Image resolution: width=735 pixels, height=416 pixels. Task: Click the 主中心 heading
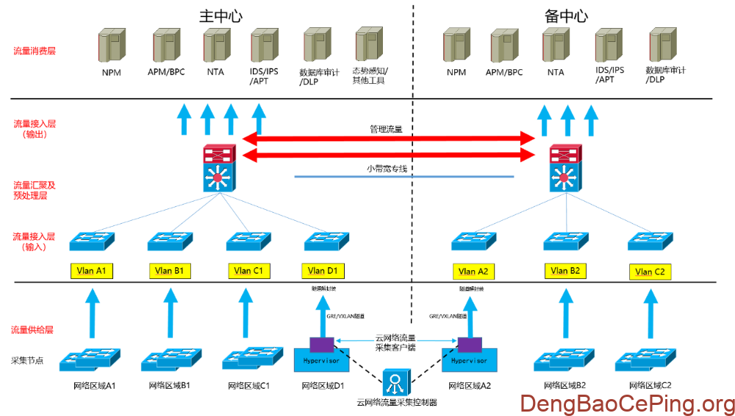[x=220, y=15]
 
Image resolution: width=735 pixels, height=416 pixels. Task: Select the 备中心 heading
[x=565, y=15]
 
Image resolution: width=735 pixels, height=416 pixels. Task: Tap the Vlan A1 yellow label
[x=92, y=270]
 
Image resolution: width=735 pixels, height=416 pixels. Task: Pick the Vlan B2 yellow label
[x=565, y=271]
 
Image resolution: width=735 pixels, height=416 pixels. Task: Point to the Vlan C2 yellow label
[x=650, y=272]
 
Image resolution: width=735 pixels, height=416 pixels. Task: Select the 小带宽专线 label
[x=387, y=169]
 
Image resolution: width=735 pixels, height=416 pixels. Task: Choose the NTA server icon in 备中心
[x=556, y=46]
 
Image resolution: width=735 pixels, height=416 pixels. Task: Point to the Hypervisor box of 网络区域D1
[x=322, y=361]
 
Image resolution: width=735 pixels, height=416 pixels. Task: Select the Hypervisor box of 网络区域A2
[x=470, y=361]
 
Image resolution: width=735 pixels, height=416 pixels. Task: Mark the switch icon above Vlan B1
[x=170, y=242]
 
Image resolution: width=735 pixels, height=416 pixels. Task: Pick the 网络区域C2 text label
[x=650, y=385]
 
